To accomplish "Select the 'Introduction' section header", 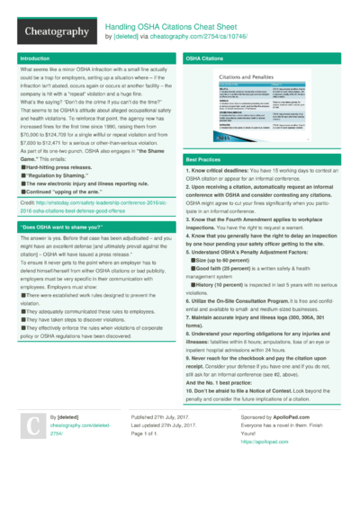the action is (35, 58).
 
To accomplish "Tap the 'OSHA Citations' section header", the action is (204, 58).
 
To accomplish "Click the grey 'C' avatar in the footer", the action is (32, 451).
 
